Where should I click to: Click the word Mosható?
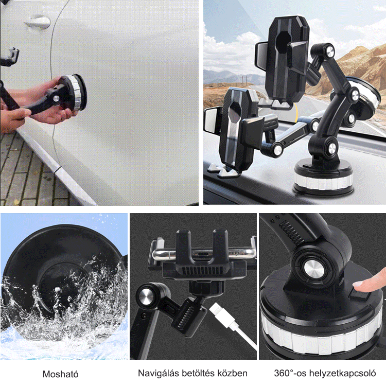(x=61, y=374)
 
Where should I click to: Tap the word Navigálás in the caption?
(x=159, y=373)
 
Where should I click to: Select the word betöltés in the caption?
(x=198, y=373)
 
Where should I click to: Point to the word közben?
(x=232, y=373)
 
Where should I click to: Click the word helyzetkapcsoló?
(x=342, y=373)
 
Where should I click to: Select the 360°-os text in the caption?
(x=290, y=373)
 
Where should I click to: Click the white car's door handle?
(x=38, y=22)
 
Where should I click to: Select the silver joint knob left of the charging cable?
(x=147, y=295)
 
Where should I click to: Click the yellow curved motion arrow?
(x=295, y=112)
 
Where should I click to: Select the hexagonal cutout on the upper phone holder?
(x=283, y=42)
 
